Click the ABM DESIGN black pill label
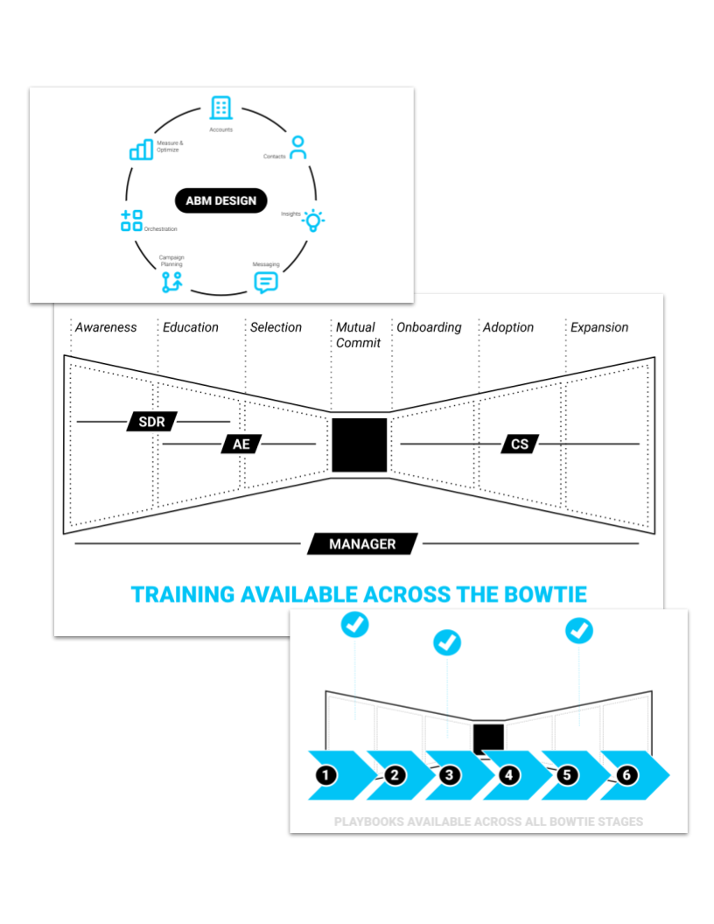pyautogui.click(x=221, y=200)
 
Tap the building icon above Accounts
pyautogui.click(x=221, y=108)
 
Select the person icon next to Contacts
pyautogui.click(x=298, y=147)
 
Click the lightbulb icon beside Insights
pyautogui.click(x=313, y=220)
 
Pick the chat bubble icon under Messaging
pyautogui.click(x=266, y=282)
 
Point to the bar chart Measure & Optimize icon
pyautogui.click(x=142, y=150)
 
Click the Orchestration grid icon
pyautogui.click(x=131, y=220)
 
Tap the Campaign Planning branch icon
pyautogui.click(x=171, y=282)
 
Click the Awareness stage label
pyautogui.click(x=106, y=327)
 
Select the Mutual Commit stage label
pyautogui.click(x=358, y=335)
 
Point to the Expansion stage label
pyautogui.click(x=599, y=327)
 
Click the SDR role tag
pyautogui.click(x=152, y=422)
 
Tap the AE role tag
pyautogui.click(x=241, y=444)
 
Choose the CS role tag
pyautogui.click(x=520, y=444)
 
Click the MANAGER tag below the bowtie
pyautogui.click(x=362, y=544)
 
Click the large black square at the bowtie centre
pyautogui.click(x=360, y=445)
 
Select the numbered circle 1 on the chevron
pyautogui.click(x=326, y=775)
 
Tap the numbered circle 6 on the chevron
pyautogui.click(x=625, y=775)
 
